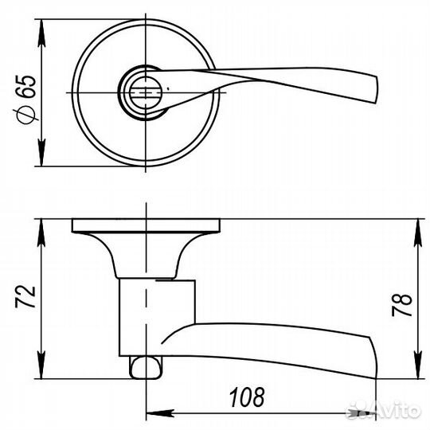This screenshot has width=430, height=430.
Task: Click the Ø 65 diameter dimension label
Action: pos(25,100)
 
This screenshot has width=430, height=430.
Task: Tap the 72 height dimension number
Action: pos(25,297)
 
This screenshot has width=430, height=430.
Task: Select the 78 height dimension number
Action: pos(402,305)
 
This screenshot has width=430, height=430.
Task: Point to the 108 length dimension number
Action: pos(247,397)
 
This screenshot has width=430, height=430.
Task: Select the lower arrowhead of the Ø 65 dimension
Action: pos(41,152)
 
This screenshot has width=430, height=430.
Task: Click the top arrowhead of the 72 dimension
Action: pos(41,233)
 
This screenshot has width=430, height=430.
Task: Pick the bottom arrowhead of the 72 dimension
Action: pos(41,365)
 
